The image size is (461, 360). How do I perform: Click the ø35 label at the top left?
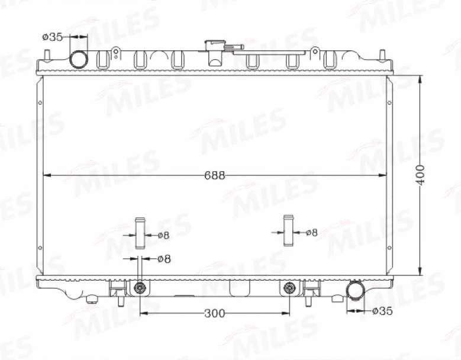52,37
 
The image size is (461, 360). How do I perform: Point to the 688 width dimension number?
214,175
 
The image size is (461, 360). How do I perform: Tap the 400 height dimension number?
420,175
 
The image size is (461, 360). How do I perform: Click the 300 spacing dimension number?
214,313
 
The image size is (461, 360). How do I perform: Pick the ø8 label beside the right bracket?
311,233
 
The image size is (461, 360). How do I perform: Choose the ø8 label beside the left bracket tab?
163,235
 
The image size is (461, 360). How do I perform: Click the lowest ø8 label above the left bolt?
164,259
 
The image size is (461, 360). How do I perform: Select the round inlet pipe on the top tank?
79,59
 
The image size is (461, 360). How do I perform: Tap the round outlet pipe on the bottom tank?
355,290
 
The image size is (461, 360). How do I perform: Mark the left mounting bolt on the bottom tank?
140,288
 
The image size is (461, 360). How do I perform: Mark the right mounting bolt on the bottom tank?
289,288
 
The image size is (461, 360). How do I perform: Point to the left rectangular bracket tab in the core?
140,233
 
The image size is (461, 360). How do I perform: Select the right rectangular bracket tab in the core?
289,231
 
